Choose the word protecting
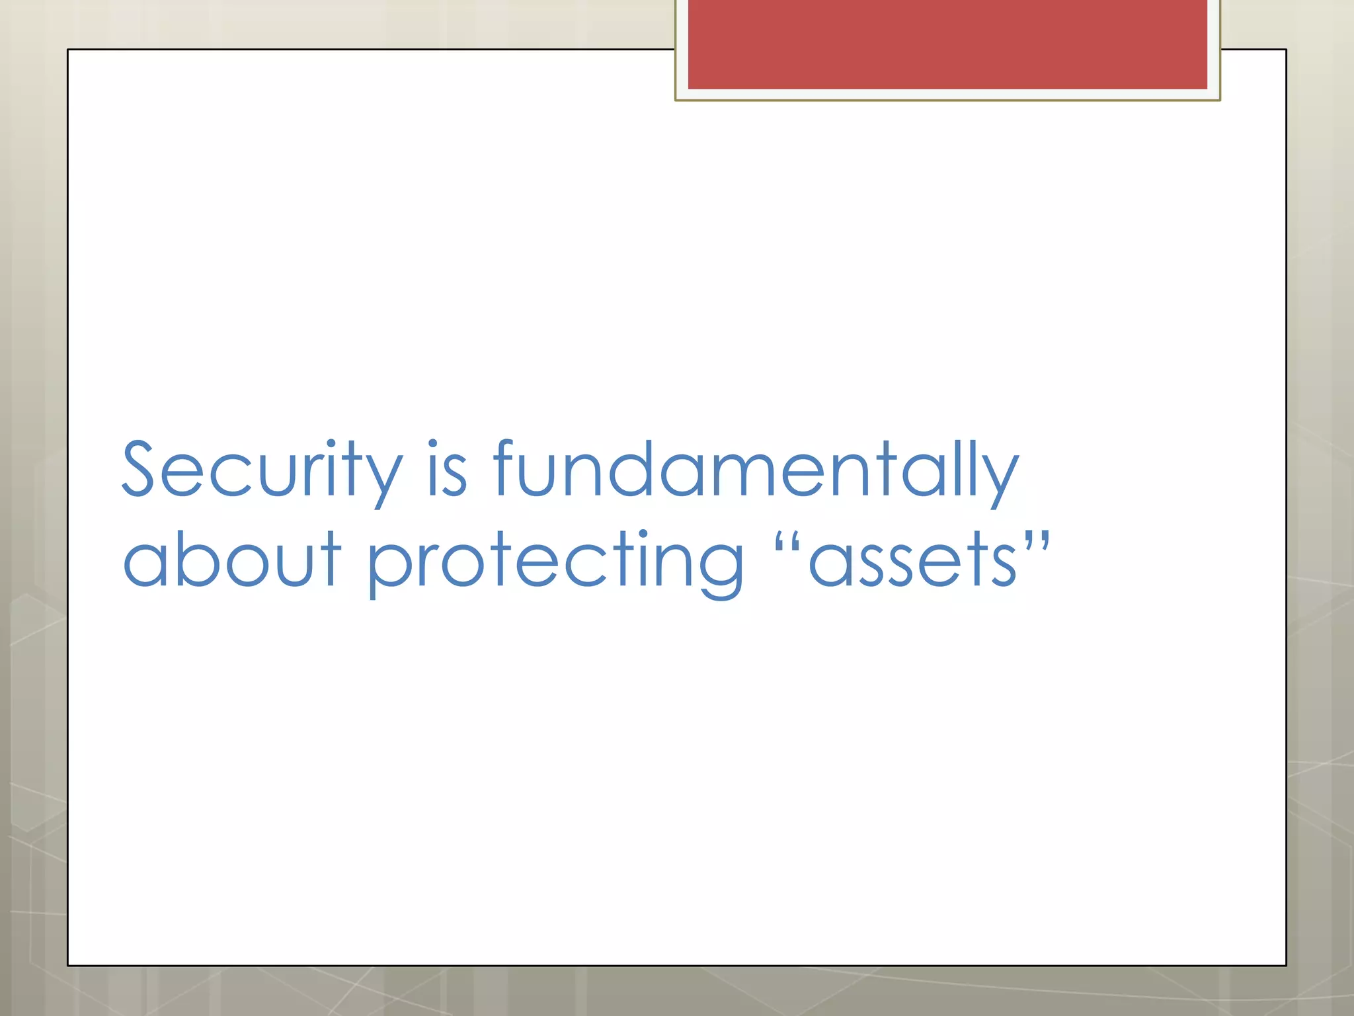coord(555,562)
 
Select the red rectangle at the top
coord(947,44)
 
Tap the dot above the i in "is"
coord(434,444)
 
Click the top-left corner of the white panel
coord(68,50)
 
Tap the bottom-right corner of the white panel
coord(1286,965)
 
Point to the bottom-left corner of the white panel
coord(68,965)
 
